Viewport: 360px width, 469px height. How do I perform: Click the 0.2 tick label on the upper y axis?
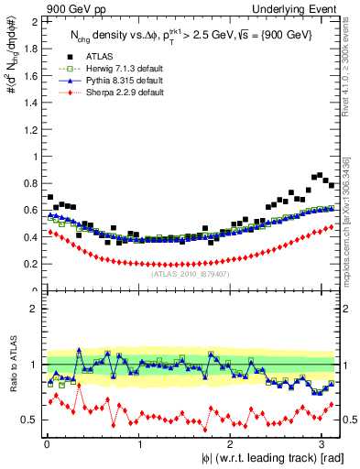click(33, 264)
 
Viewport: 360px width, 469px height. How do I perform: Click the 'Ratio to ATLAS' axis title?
click(12, 365)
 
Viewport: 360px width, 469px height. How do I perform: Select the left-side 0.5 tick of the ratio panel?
click(33, 420)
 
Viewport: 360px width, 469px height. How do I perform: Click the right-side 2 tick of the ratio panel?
click(349, 309)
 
